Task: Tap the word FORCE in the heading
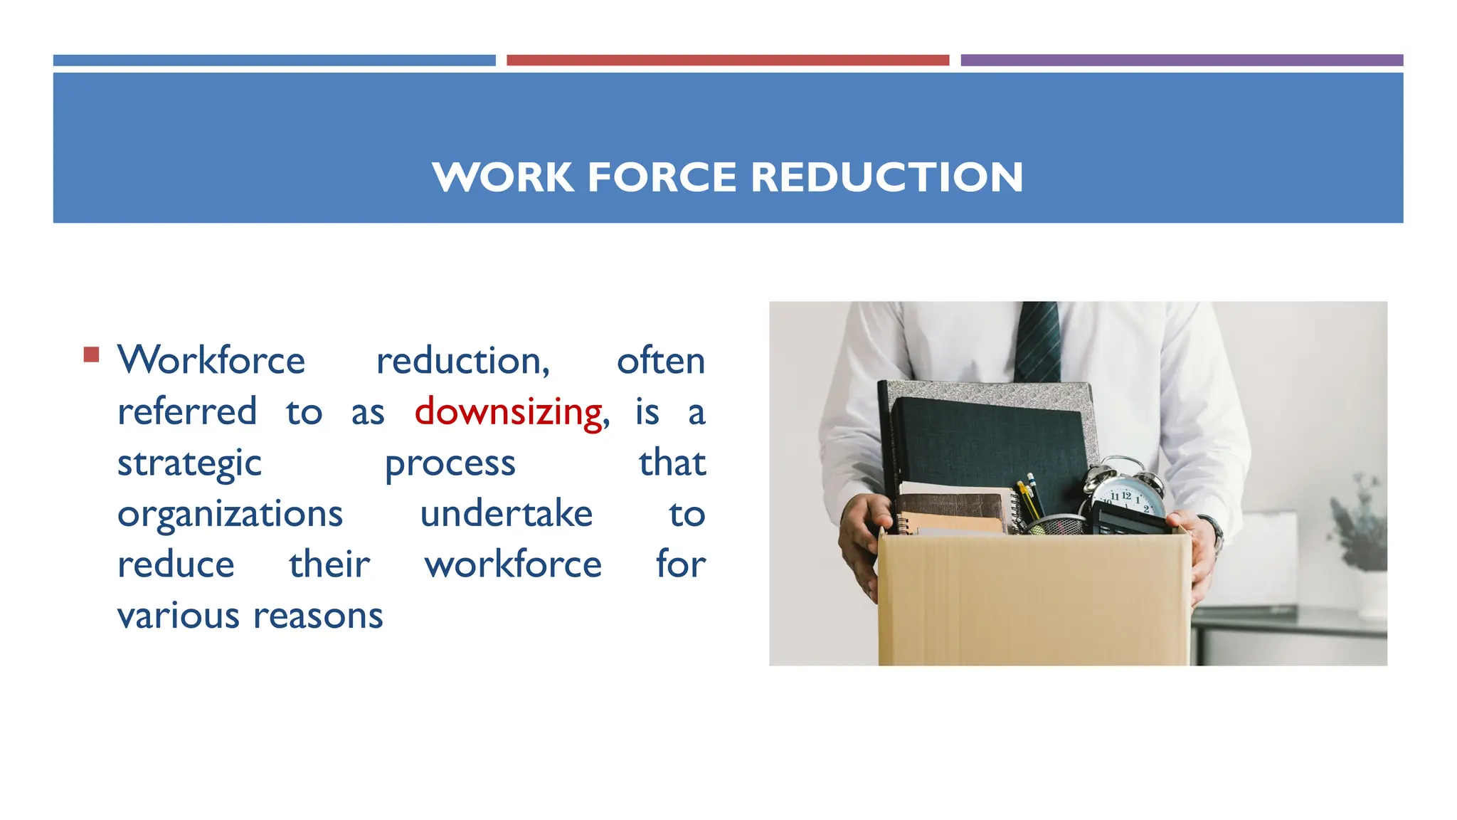pyautogui.click(x=662, y=177)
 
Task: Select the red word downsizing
pyautogui.click(x=509, y=412)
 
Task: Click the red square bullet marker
pyautogui.click(x=91, y=354)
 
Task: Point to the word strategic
pyautogui.click(x=189, y=464)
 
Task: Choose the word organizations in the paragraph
pyautogui.click(x=230, y=515)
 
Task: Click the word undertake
pyautogui.click(x=506, y=515)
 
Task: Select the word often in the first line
pyautogui.click(x=660, y=361)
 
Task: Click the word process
pyautogui.click(x=450, y=464)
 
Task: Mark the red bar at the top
pyautogui.click(x=727, y=61)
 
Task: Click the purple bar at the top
pyautogui.click(x=1181, y=61)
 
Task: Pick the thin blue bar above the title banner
pyautogui.click(x=274, y=61)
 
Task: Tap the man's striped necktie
pyautogui.click(x=1037, y=342)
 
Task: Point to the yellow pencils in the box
pyautogui.click(x=1029, y=498)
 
